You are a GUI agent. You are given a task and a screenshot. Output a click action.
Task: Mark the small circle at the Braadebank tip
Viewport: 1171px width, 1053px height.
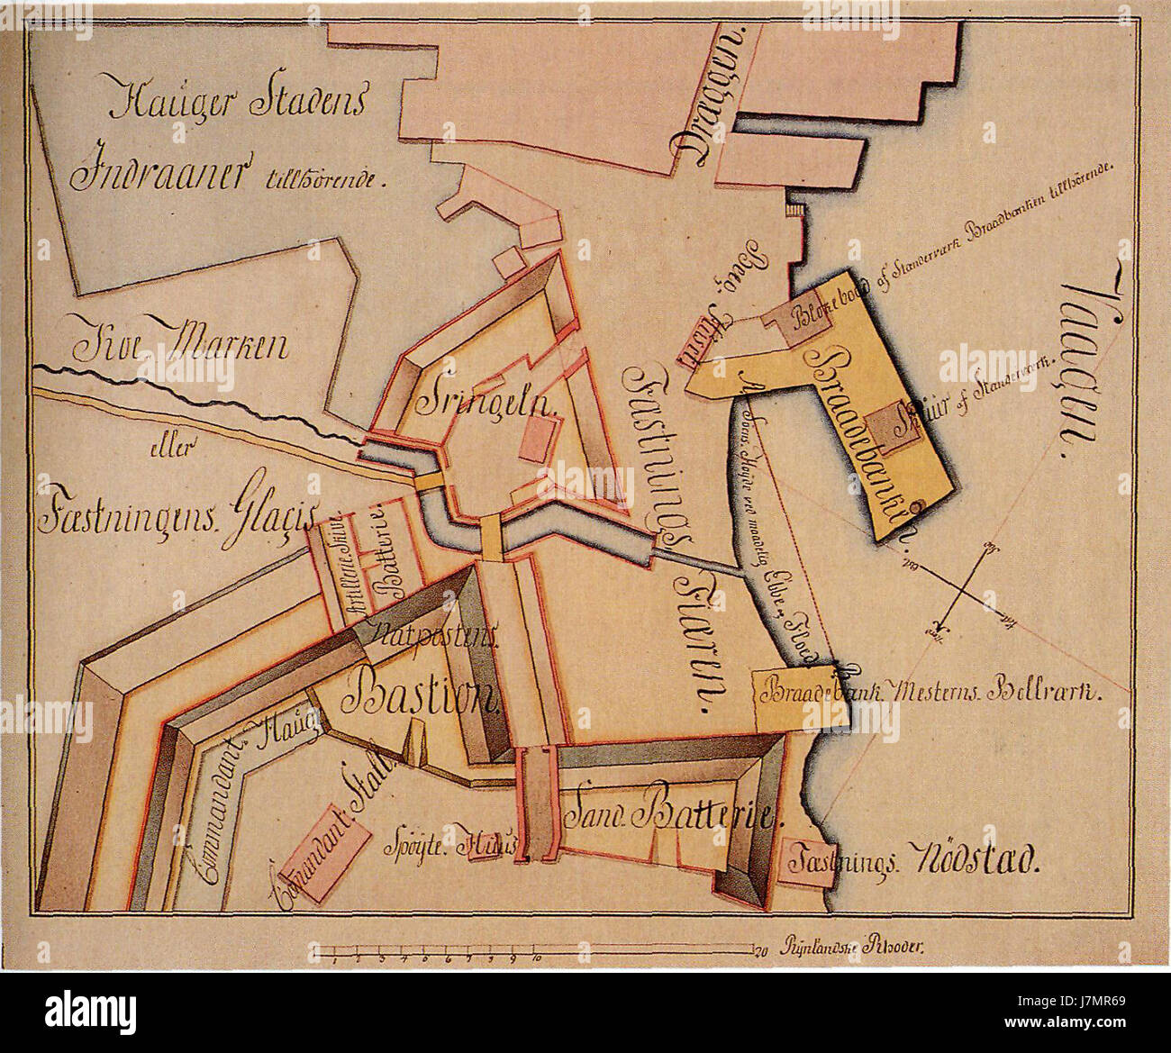(x=916, y=509)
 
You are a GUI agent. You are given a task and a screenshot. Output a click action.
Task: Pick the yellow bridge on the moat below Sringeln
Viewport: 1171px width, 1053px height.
(x=491, y=537)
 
